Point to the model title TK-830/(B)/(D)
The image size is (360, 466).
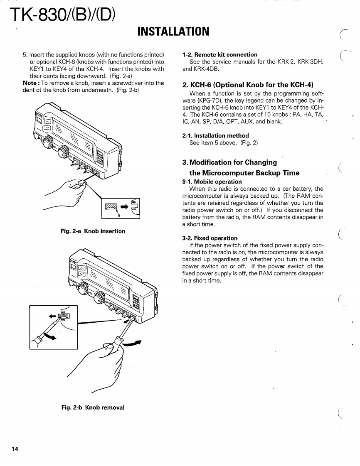(58, 16)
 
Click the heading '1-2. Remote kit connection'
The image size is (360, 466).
(220, 54)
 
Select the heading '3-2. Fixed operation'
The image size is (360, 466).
(210, 238)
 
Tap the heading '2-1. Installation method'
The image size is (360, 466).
(216, 135)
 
